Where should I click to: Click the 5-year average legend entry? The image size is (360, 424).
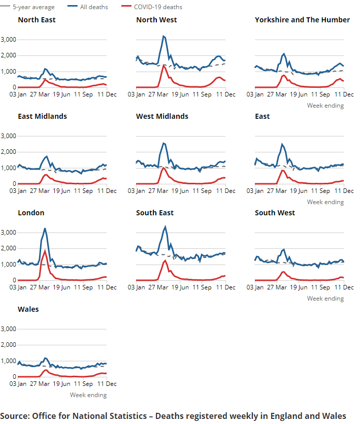click(33, 7)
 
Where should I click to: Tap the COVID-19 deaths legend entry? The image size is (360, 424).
click(158, 7)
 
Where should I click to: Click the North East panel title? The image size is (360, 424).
click(37, 20)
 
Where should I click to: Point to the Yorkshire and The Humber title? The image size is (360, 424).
click(302, 20)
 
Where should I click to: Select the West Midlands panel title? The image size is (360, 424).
click(162, 116)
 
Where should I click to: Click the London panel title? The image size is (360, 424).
click(31, 213)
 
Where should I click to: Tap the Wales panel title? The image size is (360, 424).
click(28, 309)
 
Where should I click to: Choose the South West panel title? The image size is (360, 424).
click(275, 213)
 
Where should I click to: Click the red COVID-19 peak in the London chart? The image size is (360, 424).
click(45, 251)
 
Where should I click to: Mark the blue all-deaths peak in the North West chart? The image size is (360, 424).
click(163, 36)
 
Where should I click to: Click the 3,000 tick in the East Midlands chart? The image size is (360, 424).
click(9, 136)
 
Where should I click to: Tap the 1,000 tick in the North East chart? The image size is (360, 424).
click(9, 72)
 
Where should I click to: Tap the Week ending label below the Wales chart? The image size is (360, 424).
click(88, 395)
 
